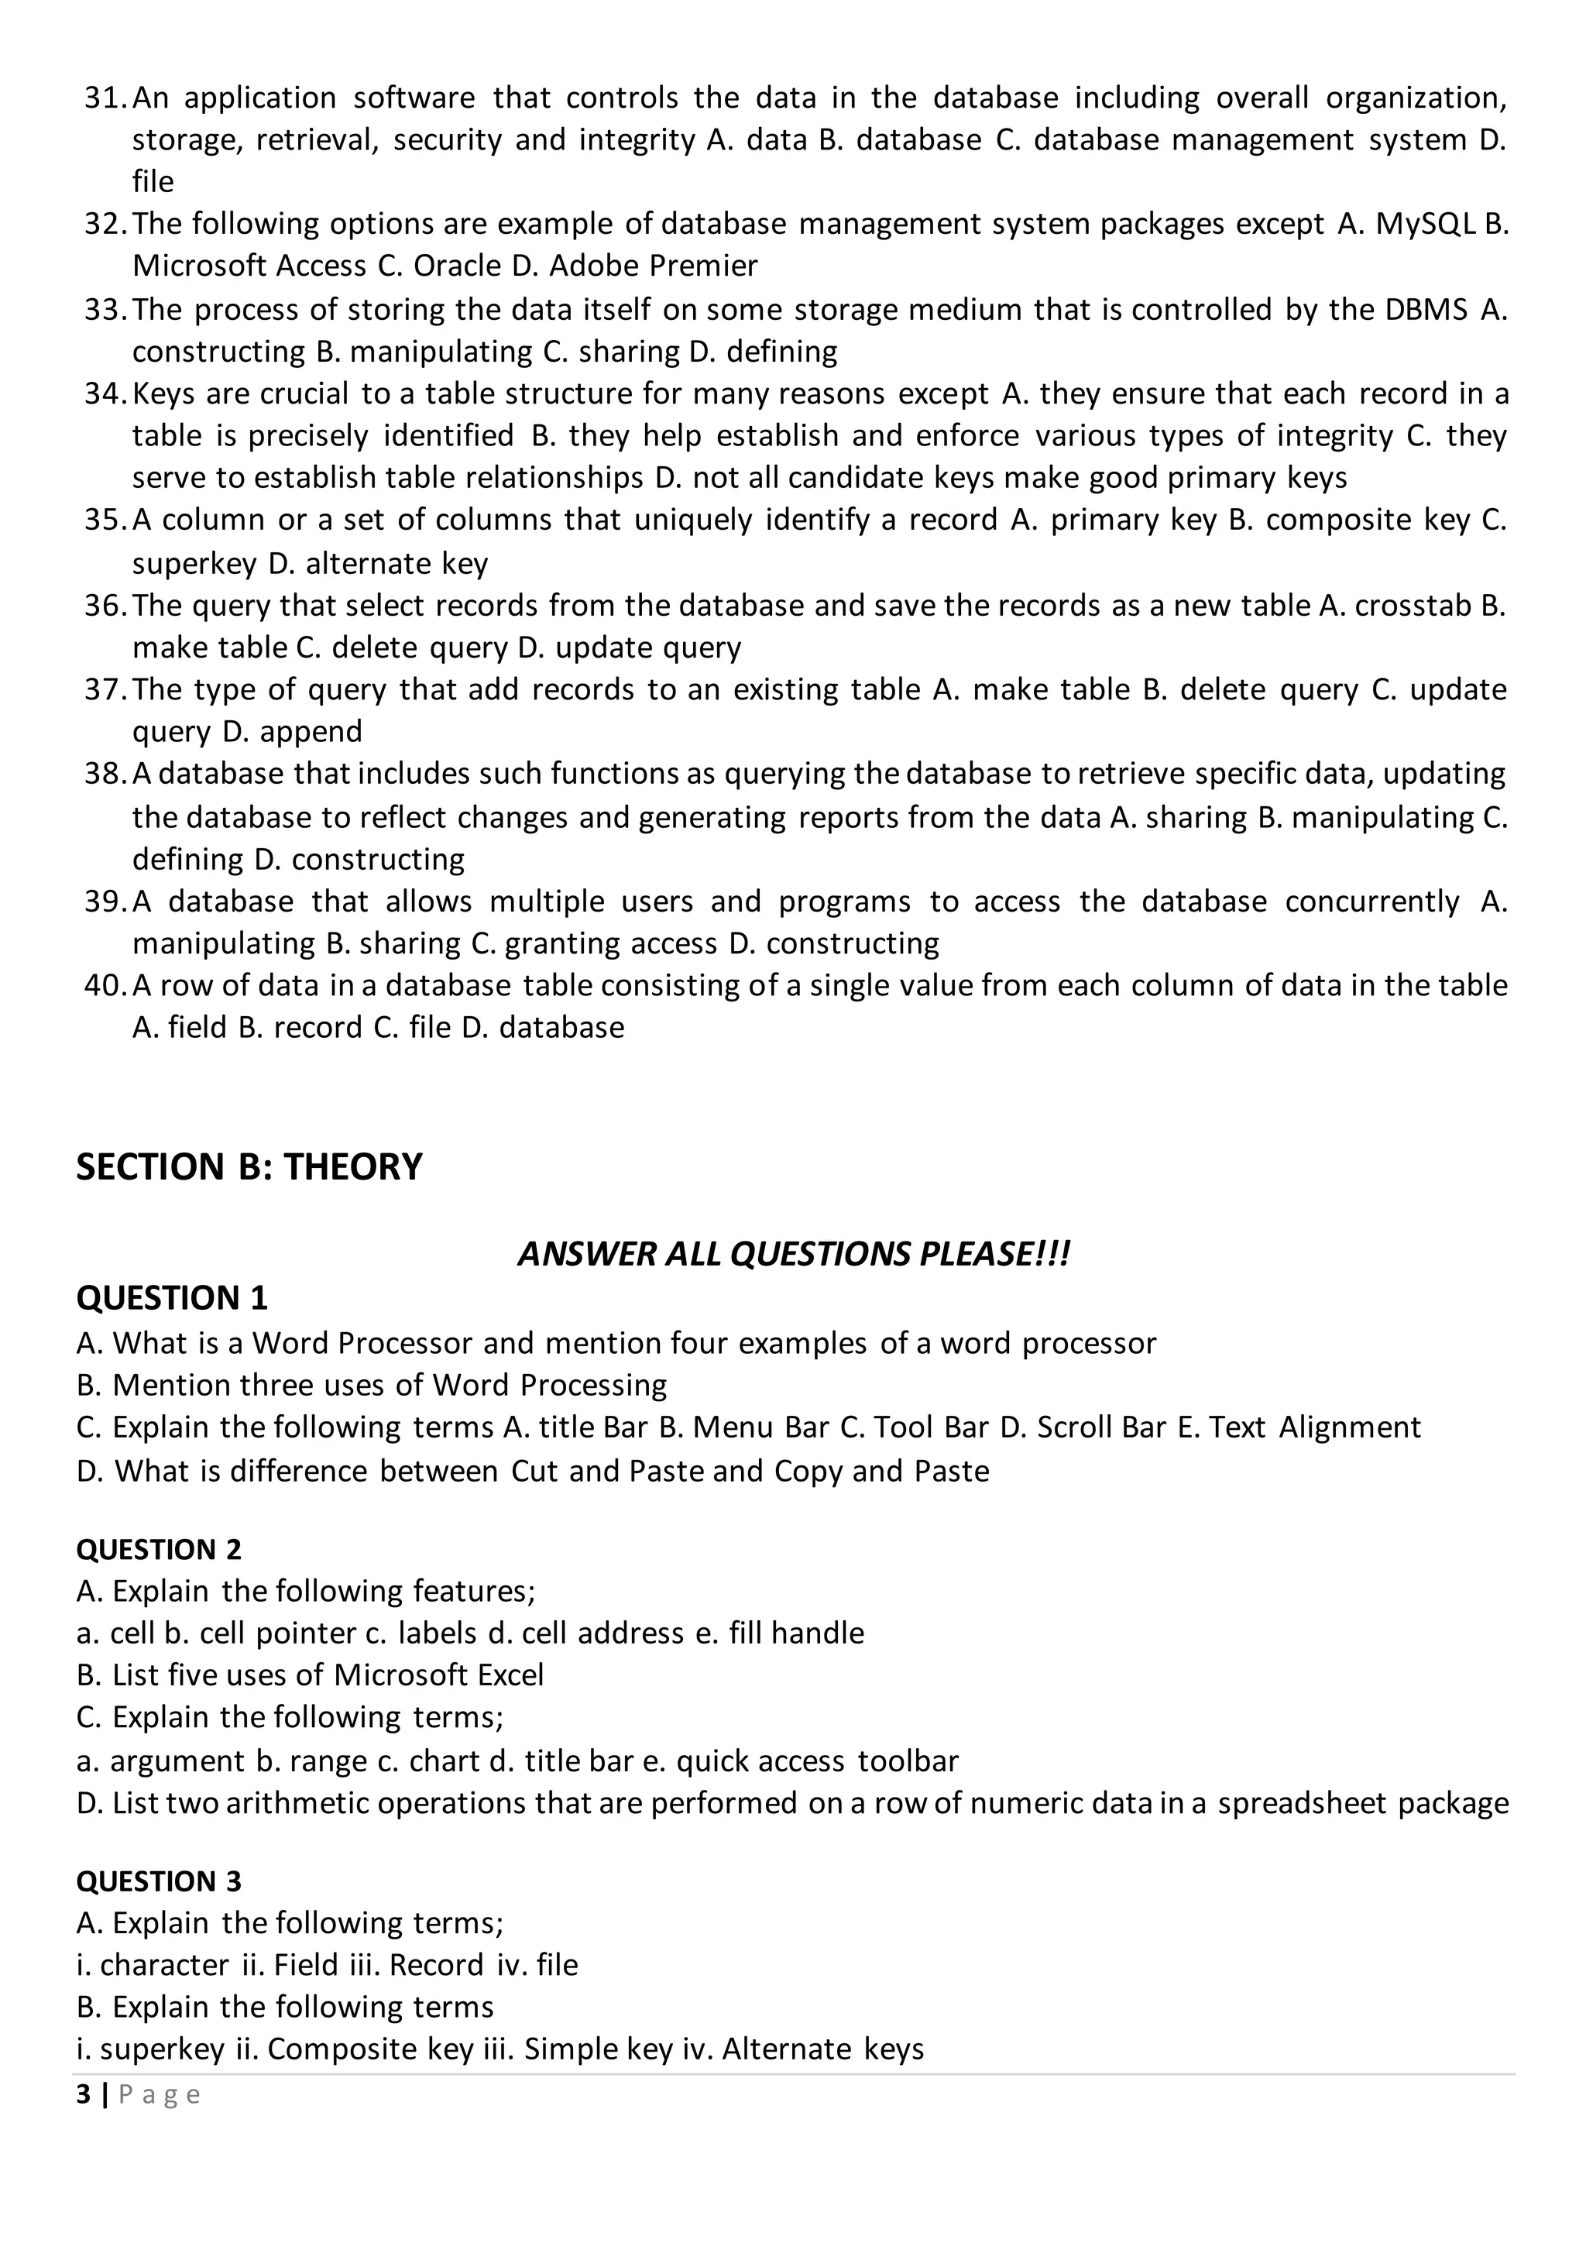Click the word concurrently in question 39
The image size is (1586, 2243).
pyautogui.click(x=1372, y=902)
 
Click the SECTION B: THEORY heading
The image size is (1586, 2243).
pyautogui.click(x=249, y=1167)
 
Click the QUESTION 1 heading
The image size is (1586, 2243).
pyautogui.click(x=172, y=1298)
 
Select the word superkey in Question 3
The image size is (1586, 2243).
pyautogui.click(x=162, y=2049)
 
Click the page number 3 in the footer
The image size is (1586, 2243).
pyautogui.click(x=83, y=2094)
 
